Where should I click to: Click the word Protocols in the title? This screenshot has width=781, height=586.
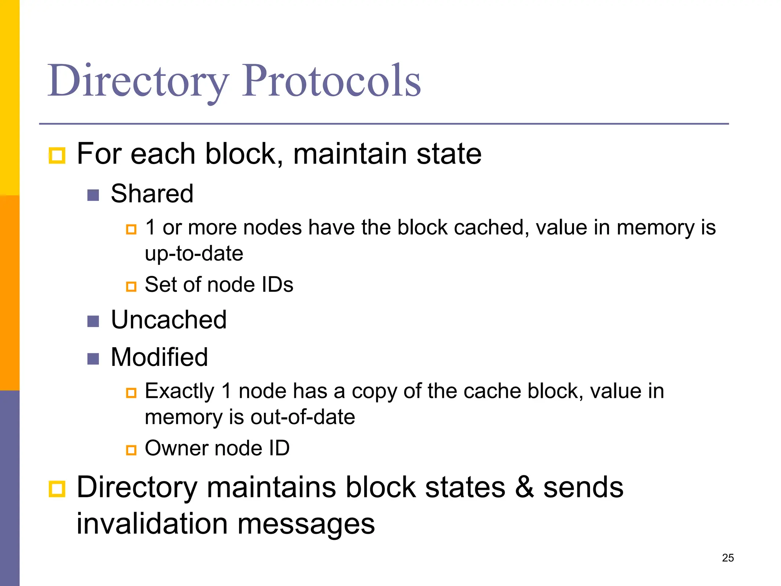pyautogui.click(x=331, y=81)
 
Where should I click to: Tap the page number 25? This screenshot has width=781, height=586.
pyautogui.click(x=728, y=558)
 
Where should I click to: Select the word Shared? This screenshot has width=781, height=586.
pyautogui.click(x=152, y=193)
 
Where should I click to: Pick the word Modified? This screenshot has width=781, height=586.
pyautogui.click(x=159, y=357)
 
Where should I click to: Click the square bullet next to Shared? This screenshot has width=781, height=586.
pyautogui.click(x=93, y=195)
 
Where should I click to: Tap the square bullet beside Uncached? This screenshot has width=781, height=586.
pyautogui.click(x=93, y=321)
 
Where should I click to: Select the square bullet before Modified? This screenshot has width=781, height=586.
pyautogui.click(x=93, y=359)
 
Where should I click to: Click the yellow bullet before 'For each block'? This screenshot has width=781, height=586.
pyautogui.click(x=57, y=156)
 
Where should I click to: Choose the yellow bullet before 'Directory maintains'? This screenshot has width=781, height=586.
pyautogui.click(x=57, y=489)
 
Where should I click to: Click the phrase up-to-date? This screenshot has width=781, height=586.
pyautogui.click(x=194, y=254)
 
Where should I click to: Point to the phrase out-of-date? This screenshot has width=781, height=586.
pyautogui.click(x=303, y=417)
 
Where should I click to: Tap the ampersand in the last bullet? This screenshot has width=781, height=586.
pyautogui.click(x=524, y=488)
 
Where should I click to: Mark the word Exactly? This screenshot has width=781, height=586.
pyautogui.click(x=180, y=391)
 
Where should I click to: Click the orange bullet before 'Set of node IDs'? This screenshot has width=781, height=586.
pyautogui.click(x=131, y=287)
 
